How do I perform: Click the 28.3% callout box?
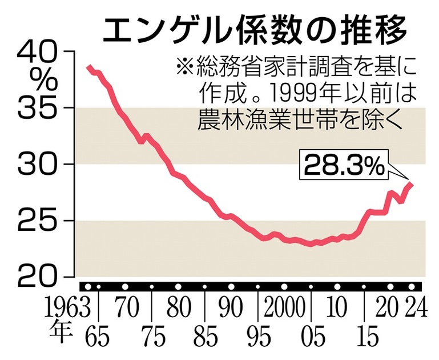tap(344, 166)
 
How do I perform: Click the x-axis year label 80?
tap(179, 309)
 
